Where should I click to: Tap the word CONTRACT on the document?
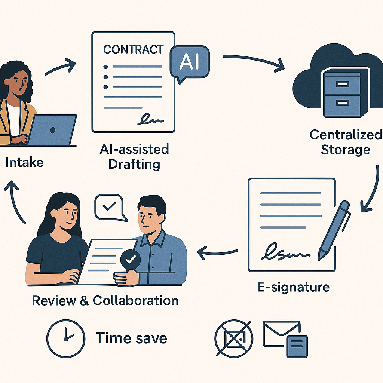tap(133, 49)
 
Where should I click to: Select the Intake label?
tap(24, 162)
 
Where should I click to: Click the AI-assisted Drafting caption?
tap(134, 157)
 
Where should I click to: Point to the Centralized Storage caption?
tap(346, 142)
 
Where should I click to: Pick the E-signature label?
tap(293, 287)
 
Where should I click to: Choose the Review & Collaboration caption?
tap(105, 300)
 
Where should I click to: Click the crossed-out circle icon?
tap(234, 338)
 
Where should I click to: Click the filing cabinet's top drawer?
tap(341, 84)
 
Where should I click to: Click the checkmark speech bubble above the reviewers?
tap(108, 207)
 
